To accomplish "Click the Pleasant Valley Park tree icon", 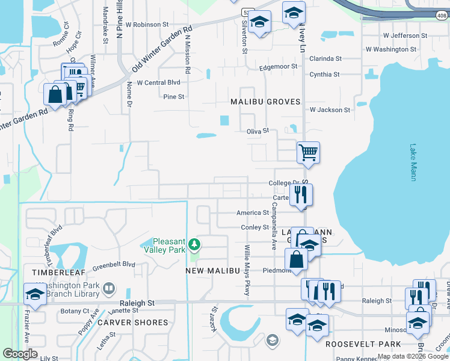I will click(194, 244).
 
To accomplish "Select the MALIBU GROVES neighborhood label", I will click(265, 102).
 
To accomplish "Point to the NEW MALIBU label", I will click(209, 271).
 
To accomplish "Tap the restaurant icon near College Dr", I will click(301, 194).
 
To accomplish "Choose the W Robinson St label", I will click(147, 25).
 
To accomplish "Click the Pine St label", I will click(173, 96).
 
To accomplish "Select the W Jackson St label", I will click(330, 110).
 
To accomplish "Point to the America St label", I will click(252, 212).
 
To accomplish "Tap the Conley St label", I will click(254, 227).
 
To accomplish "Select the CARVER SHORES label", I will click(133, 322).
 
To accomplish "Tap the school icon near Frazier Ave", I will click(34, 295).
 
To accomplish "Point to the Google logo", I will click(20, 354).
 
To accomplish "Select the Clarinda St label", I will click(325, 59).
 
